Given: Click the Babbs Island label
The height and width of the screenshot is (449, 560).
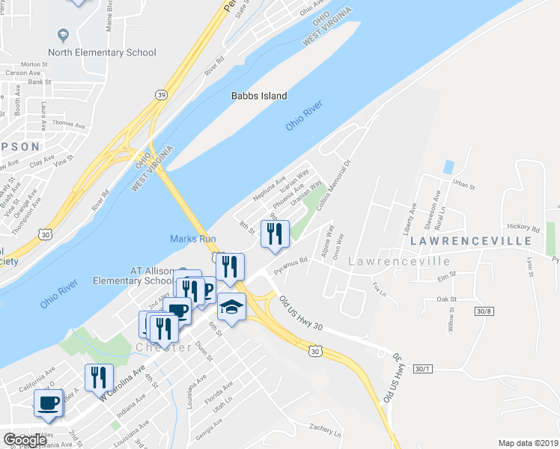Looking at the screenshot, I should coord(258,96).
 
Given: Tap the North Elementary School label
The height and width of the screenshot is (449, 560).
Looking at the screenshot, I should coord(102,52).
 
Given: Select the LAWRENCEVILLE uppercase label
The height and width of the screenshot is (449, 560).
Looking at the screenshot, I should coord(471,242).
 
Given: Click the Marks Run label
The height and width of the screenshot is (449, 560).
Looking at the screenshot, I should coord(192,239).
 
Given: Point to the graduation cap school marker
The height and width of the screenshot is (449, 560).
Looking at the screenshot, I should coord(232,306).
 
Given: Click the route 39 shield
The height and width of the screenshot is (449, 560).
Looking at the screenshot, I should coord(161,94).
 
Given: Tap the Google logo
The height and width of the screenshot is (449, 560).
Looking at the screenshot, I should coord(25,440).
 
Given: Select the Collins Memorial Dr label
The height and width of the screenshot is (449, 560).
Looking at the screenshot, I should coord(333,177).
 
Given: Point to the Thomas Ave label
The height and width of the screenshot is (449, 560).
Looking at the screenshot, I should coord(69,123).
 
